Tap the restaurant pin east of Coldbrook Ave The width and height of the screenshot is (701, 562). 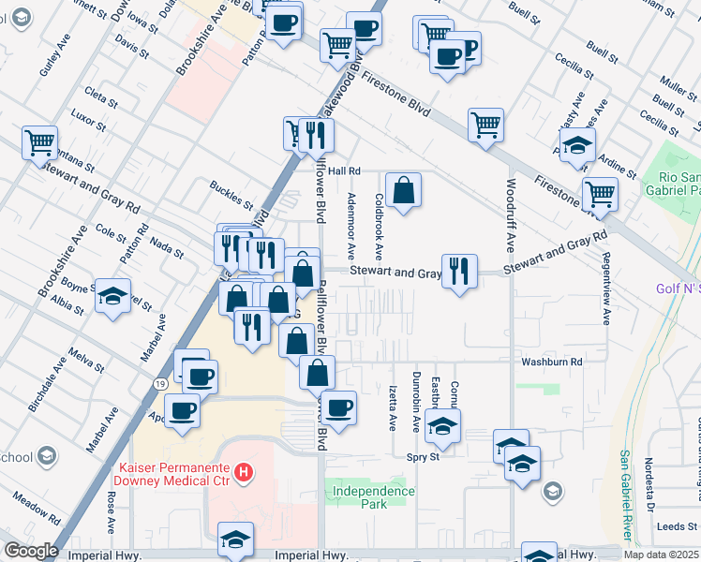point(458,272)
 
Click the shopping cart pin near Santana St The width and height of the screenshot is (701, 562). point(40,143)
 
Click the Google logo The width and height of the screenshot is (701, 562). point(31,551)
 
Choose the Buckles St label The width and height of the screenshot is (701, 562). point(231,196)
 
